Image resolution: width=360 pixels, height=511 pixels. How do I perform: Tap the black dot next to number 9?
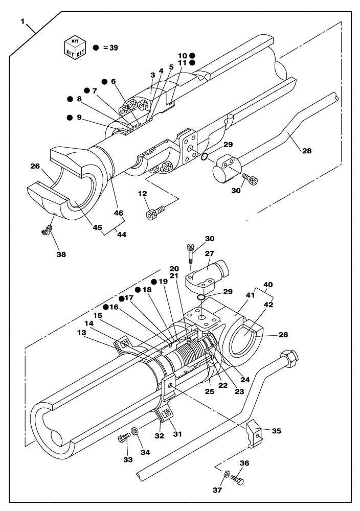[x=70, y=118]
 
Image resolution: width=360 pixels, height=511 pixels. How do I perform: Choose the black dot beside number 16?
[x=105, y=307]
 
